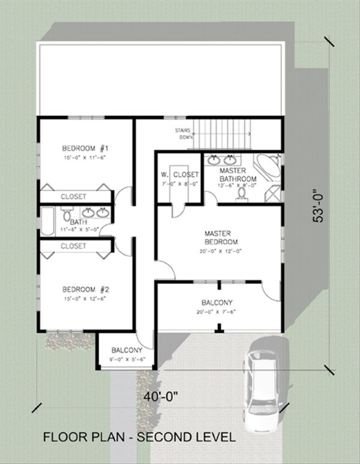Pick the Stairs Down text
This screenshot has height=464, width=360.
coord(184,133)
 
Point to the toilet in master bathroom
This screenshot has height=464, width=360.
coord(242,197)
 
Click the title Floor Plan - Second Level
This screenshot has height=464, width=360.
coord(139,437)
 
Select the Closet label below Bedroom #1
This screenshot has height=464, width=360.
coord(73,196)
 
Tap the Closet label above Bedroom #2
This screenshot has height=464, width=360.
coord(73,246)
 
